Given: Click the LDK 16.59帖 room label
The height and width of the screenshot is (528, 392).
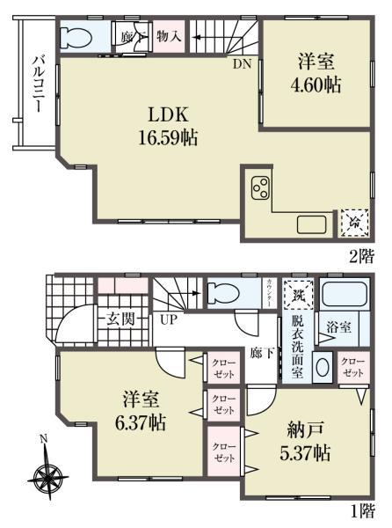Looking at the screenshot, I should (x=164, y=125).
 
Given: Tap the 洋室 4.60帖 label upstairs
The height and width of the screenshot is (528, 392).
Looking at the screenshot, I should (x=318, y=74).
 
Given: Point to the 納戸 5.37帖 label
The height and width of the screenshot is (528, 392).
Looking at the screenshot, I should (x=309, y=443).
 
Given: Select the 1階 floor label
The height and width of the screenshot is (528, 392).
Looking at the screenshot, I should (x=363, y=510).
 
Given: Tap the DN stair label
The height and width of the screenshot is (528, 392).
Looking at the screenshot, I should (x=242, y=63).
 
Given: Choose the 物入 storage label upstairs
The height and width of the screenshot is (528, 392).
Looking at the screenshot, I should (x=169, y=36).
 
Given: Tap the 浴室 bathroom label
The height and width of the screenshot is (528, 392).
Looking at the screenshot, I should (x=338, y=327).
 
